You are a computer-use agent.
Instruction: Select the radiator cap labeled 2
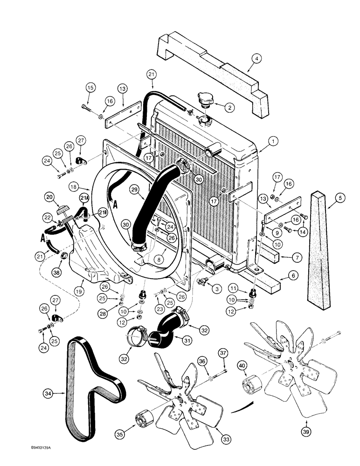pos(205,99)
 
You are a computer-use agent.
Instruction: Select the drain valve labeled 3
pos(204,281)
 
